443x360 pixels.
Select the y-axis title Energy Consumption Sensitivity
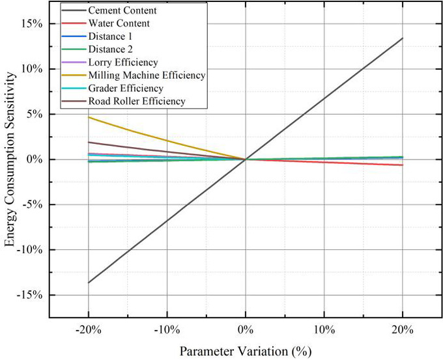coord(10,159)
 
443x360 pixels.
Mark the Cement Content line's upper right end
coord(403,38)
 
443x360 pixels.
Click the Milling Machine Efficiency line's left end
coord(88,117)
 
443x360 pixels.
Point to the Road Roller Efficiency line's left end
coord(88,142)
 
